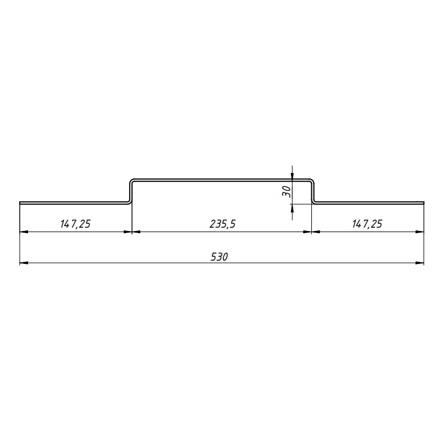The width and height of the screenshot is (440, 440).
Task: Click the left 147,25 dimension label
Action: (75, 224)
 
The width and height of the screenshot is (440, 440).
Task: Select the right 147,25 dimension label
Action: (367, 224)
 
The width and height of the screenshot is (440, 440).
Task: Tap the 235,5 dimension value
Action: (223, 224)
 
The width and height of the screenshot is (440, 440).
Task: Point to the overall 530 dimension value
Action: (219, 256)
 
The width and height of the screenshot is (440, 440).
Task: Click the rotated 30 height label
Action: (287, 191)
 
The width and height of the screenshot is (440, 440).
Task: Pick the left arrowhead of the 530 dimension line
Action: (24, 263)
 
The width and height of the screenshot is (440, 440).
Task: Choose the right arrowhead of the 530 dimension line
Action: (420, 263)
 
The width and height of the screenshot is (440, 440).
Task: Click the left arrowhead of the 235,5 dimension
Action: (136, 232)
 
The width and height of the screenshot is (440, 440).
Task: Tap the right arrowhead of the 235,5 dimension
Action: (307, 232)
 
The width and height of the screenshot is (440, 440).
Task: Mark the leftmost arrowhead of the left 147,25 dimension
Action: (24, 232)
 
